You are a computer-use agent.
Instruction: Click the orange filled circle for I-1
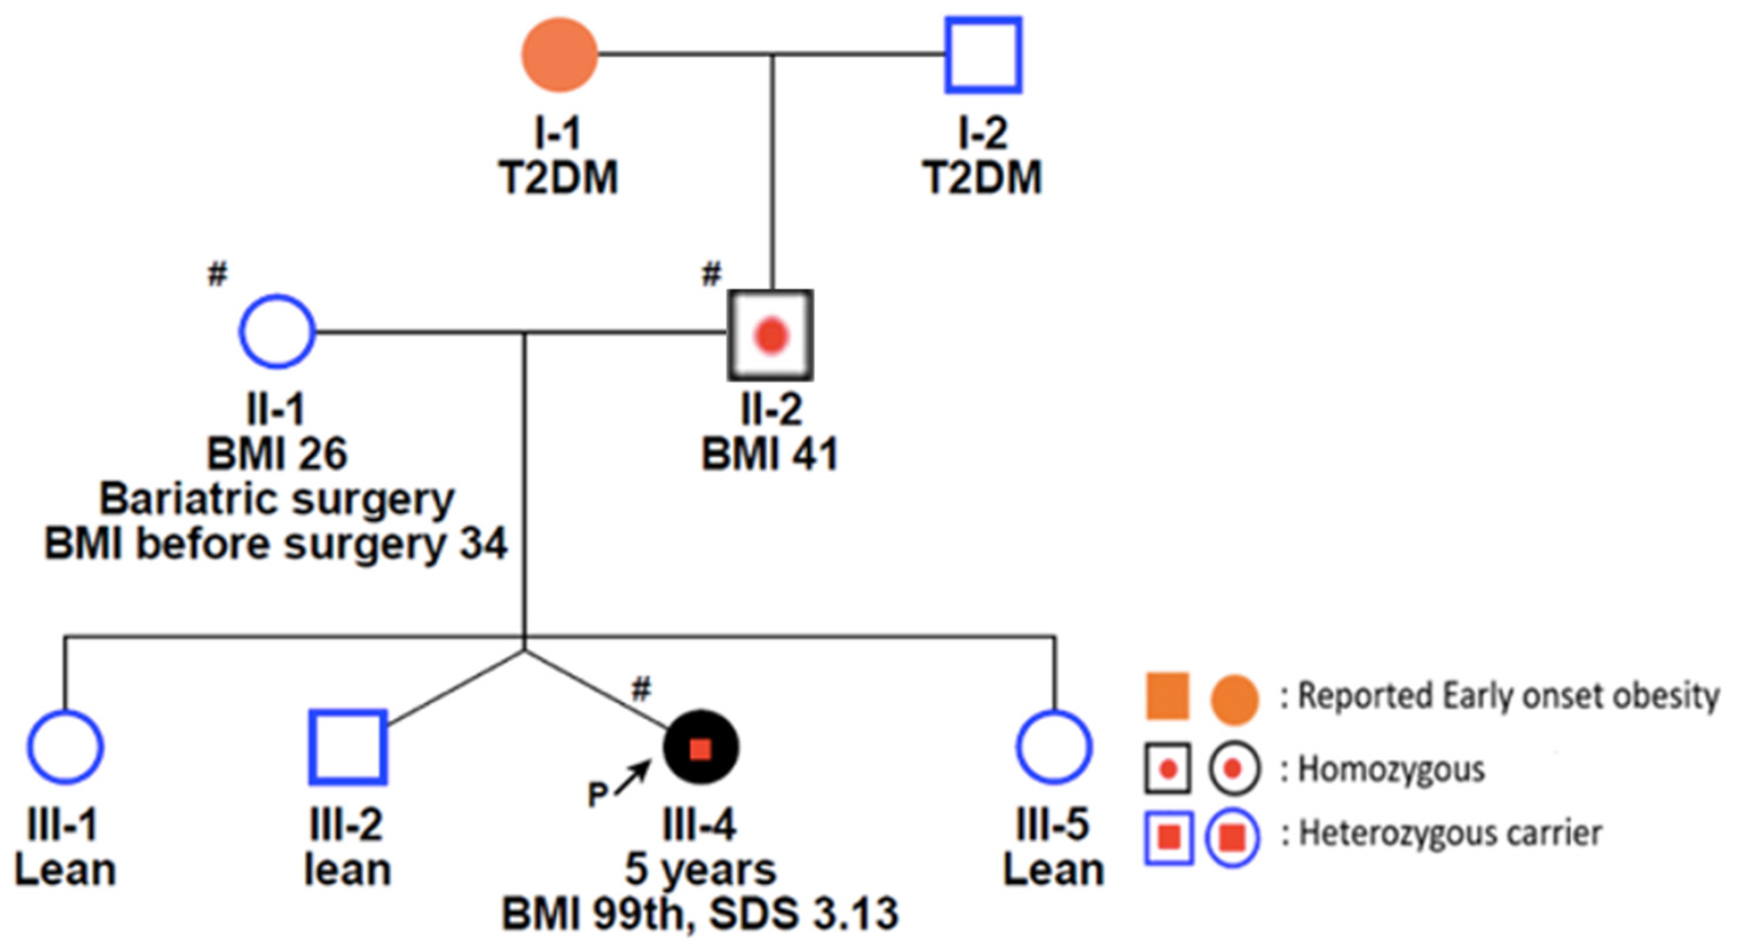coord(559,54)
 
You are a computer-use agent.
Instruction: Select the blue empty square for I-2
coord(983,55)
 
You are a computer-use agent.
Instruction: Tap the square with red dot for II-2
coord(770,336)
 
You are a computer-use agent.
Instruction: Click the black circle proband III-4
coord(701,747)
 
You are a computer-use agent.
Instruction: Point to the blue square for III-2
coord(347,747)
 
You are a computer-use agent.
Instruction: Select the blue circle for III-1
coord(66,747)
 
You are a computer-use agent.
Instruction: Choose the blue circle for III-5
coord(1053,747)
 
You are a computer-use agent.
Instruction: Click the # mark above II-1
coord(217,274)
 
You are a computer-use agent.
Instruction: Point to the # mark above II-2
coord(711,274)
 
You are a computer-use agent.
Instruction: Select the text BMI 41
coord(770,453)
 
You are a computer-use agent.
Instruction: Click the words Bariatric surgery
coord(276,499)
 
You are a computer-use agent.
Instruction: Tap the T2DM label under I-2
coord(983,177)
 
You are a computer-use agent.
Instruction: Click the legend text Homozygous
coord(1391,768)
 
